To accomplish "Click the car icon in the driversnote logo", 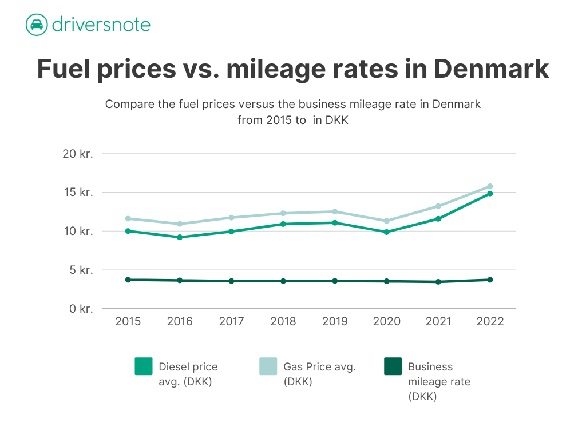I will click(36, 25).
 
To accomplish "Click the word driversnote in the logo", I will click(101, 25).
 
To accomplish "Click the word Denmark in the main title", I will click(491, 69).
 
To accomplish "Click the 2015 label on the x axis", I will click(128, 322).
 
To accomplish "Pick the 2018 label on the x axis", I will click(283, 322).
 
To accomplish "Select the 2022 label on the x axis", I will click(490, 322).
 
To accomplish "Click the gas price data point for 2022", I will click(490, 186).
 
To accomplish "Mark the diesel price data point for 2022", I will click(490, 194).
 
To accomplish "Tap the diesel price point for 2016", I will click(180, 237).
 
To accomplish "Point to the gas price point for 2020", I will click(387, 221).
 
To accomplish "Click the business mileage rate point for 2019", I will click(335, 281).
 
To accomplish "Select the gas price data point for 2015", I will click(128, 218).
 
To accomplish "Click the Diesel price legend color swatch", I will click(144, 366).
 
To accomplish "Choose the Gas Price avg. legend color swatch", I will click(268, 366).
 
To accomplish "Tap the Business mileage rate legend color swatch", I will click(393, 366).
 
